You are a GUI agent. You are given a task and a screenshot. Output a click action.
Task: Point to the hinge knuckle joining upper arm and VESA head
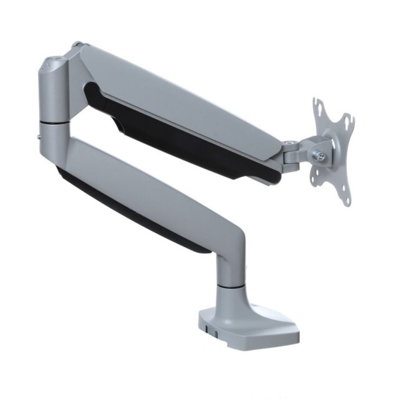tap(291, 154)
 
